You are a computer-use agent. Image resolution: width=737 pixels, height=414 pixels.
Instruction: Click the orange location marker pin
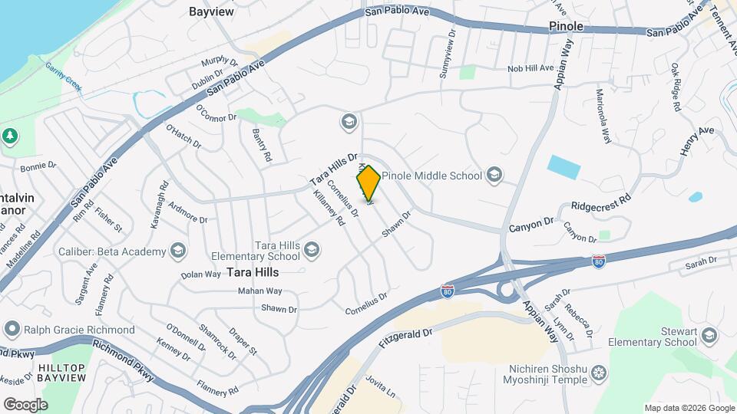pos(368,183)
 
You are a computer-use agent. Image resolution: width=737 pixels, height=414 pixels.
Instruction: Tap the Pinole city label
pos(567,26)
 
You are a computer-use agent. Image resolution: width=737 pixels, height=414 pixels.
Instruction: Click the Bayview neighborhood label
pos(211,12)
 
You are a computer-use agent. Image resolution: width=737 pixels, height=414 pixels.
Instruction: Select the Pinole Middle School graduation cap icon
pos(494,176)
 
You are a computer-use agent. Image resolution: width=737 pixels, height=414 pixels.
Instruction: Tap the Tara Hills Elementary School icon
pos(312,248)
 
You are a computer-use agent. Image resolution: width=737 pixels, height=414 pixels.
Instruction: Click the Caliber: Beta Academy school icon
pos(178,251)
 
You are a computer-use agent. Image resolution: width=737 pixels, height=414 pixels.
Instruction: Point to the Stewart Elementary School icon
pos(709,335)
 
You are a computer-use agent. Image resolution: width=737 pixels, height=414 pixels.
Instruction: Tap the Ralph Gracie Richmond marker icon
pos(12,330)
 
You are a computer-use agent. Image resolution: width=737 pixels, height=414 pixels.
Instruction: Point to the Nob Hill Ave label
pos(530,68)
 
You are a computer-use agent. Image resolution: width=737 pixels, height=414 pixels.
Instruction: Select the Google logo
pos(25,404)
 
